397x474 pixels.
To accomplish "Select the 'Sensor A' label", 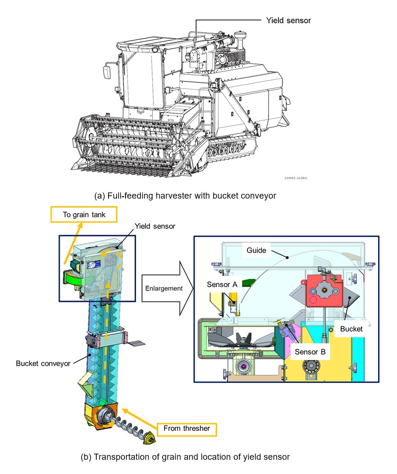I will (222, 284).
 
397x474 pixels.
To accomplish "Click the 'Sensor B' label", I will (309, 352).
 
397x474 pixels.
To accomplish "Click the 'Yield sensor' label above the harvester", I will (289, 20).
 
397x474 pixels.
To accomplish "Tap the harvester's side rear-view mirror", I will (107, 73).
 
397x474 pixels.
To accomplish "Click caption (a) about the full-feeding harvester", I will (198, 195).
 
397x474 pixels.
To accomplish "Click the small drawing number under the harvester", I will (296, 179).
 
